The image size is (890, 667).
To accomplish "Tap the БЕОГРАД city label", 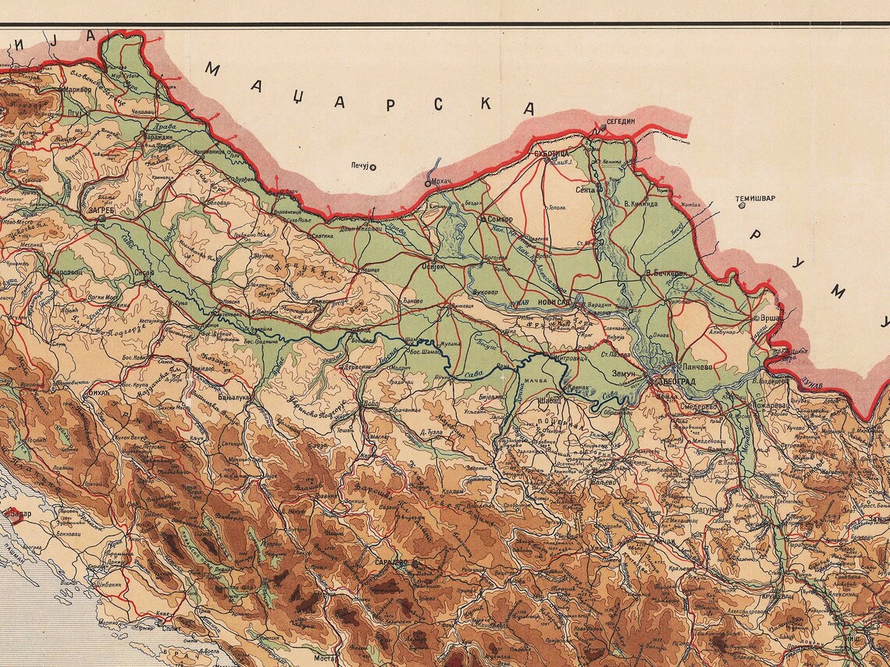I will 678,381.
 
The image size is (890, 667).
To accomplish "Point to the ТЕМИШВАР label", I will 756,198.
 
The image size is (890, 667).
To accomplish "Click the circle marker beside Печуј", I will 373,166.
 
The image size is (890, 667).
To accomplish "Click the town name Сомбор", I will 500,220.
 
